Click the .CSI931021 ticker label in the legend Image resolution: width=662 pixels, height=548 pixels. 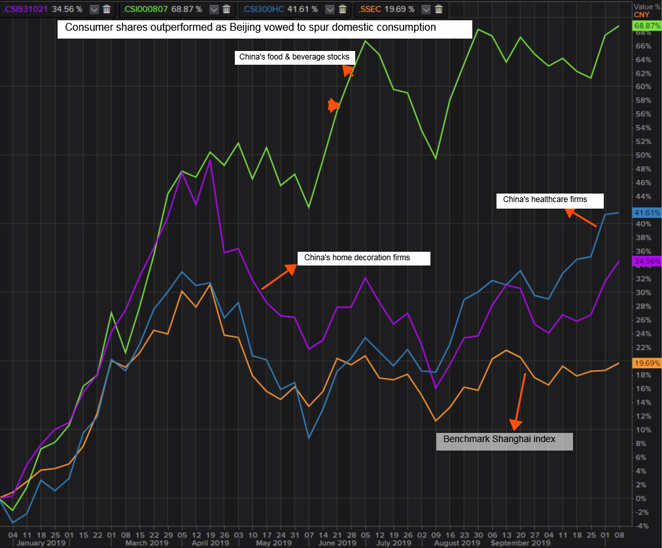pyautogui.click(x=25, y=9)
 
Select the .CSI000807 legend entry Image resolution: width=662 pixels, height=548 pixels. pyautogui.click(x=145, y=9)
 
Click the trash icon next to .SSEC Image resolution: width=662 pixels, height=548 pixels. pyautogui.click(x=438, y=9)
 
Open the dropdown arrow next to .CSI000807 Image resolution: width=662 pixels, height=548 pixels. pyautogui.click(x=212, y=9)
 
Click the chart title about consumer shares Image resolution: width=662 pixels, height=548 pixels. pyautogui.click(x=264, y=29)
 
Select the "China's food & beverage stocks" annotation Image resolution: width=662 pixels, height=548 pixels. pyautogui.click(x=294, y=58)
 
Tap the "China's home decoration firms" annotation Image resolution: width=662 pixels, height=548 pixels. pyautogui.click(x=364, y=258)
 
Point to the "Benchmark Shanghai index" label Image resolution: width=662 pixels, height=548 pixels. pyautogui.click(x=504, y=441)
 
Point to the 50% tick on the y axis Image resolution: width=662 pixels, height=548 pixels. pyautogui.click(x=642, y=155)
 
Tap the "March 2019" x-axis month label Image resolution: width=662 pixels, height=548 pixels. pyautogui.click(x=148, y=543)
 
